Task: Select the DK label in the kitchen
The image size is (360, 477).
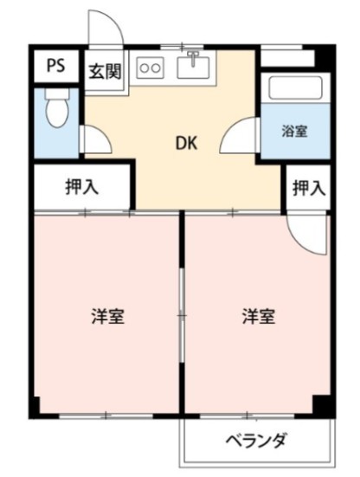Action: pyautogui.click(x=189, y=144)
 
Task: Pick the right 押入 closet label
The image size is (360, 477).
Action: pyautogui.click(x=308, y=187)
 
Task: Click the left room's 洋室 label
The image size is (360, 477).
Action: pyautogui.click(x=108, y=316)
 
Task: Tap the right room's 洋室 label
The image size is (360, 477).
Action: pyautogui.click(x=257, y=316)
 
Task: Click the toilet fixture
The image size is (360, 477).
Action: pyautogui.click(x=57, y=111)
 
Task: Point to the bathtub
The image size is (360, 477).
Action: pyautogui.click(x=294, y=89)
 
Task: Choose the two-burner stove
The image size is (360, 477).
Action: pyautogui.click(x=151, y=67)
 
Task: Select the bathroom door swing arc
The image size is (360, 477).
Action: pyautogui.click(x=241, y=139)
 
